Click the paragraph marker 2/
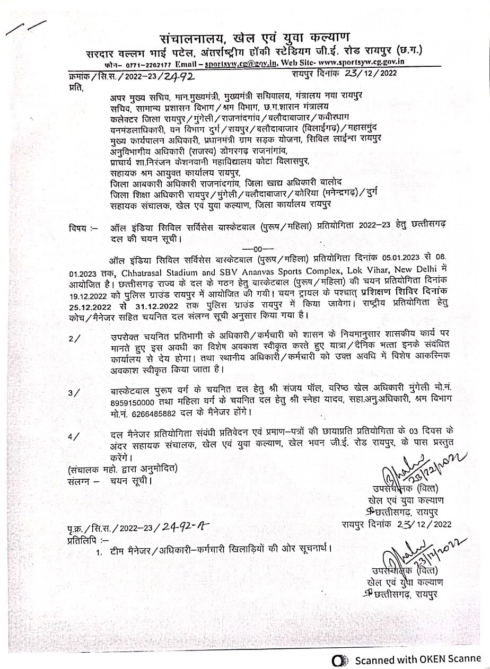click(74, 338)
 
